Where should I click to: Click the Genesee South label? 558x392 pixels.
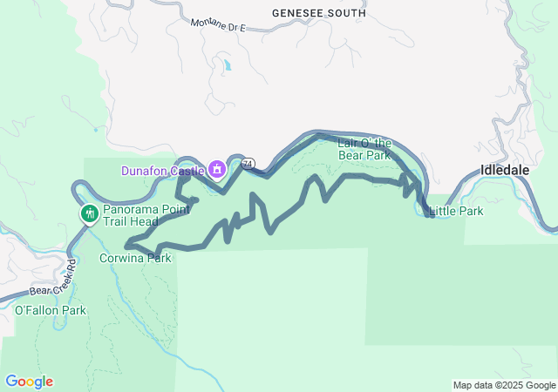point(318,14)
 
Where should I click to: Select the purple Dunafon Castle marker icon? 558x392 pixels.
point(214,170)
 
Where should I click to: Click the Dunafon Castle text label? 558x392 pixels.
point(162,170)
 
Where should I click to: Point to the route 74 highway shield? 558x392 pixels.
point(248,163)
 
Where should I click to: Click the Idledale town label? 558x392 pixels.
point(505,170)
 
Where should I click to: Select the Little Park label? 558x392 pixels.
point(456,211)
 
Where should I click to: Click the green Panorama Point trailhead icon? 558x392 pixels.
point(89,213)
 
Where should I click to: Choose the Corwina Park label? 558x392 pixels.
point(135,258)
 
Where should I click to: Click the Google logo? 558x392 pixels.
point(29,382)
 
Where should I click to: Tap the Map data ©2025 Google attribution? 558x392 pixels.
point(503,385)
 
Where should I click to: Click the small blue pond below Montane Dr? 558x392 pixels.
point(228,65)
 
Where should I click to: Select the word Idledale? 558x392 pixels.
point(505,170)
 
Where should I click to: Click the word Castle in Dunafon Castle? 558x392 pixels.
point(187,170)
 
